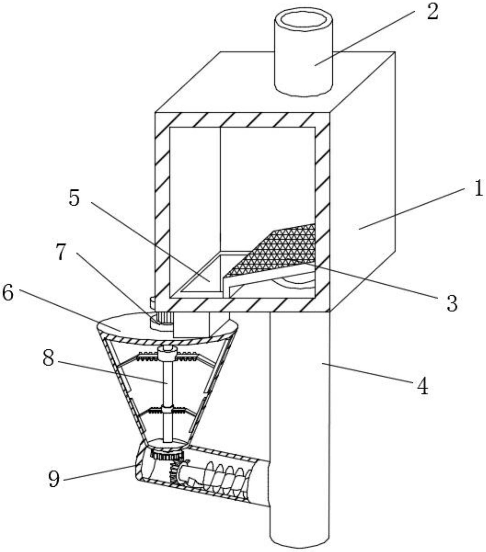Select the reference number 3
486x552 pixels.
(x=452, y=303)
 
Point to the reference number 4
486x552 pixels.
(x=423, y=386)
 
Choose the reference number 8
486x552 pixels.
(x=49, y=358)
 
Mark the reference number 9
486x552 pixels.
(x=54, y=479)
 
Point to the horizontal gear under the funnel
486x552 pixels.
(x=167, y=456)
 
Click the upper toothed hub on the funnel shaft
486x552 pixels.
(x=167, y=355)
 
